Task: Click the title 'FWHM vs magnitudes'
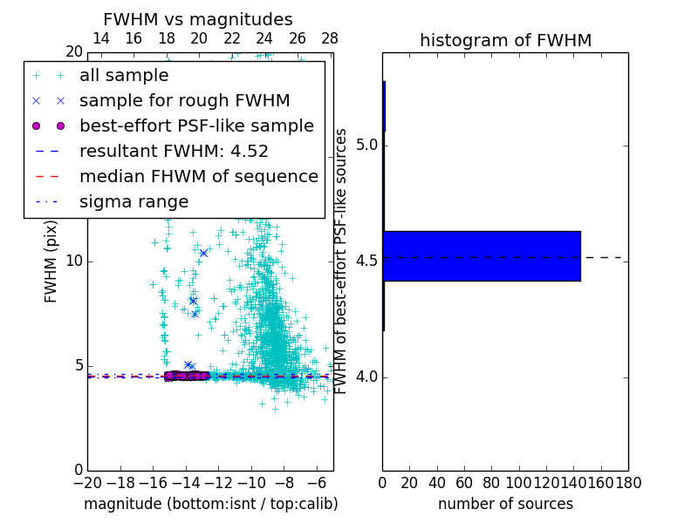(198, 19)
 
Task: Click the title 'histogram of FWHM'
(505, 40)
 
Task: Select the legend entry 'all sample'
(124, 76)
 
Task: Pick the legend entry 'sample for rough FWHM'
(184, 101)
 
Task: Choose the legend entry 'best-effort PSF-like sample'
(196, 126)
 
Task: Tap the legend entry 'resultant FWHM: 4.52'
(174, 152)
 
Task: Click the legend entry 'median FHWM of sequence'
(198, 177)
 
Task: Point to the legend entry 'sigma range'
(133, 202)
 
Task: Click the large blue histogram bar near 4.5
(481, 256)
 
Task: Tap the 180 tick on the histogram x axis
(628, 482)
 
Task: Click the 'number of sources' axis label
(505, 505)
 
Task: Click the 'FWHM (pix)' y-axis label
(51, 261)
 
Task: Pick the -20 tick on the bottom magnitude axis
(87, 482)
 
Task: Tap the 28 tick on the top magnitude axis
(330, 38)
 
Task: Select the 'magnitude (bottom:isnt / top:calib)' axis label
(210, 505)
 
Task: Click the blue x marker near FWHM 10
(203, 253)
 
